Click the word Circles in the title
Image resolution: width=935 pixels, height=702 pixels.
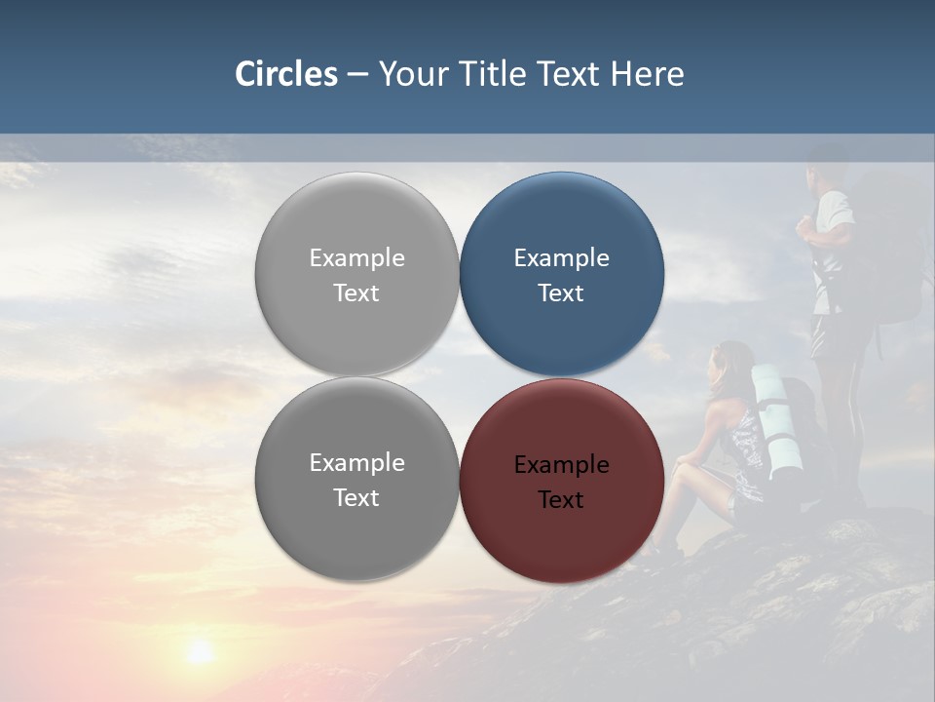click(286, 74)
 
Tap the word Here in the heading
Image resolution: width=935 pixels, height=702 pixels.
click(648, 74)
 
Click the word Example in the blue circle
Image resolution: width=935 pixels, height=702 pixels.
click(561, 258)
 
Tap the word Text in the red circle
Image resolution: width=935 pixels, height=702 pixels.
click(561, 500)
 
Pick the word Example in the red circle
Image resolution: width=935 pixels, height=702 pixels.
click(561, 465)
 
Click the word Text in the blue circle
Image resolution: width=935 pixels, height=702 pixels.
click(561, 293)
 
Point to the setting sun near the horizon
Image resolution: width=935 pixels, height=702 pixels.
click(200, 651)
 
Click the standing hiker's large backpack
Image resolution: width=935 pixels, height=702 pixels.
click(886, 253)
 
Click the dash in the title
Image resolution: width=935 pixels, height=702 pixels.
click(357, 75)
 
